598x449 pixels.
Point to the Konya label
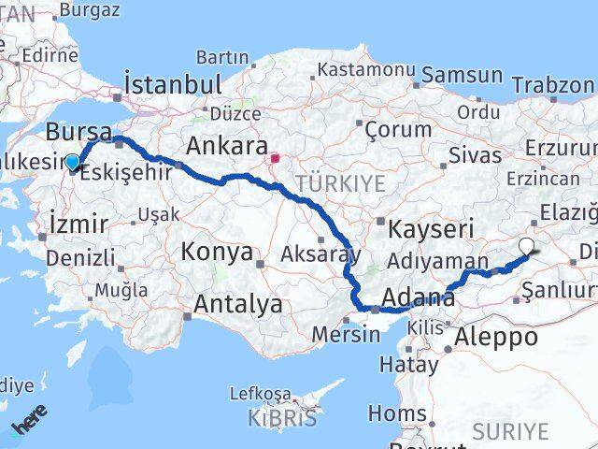click(217, 252)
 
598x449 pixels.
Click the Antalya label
click(238, 303)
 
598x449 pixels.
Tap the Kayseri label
click(433, 227)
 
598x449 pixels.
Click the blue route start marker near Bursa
click(72, 163)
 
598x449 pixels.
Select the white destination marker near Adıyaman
click(526, 246)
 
